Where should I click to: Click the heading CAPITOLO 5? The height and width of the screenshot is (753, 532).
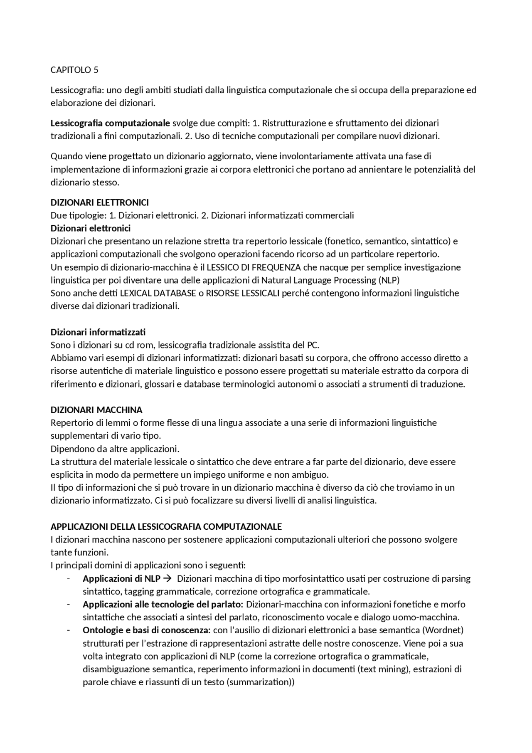point(74,70)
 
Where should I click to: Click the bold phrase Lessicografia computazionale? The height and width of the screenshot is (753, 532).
point(110,123)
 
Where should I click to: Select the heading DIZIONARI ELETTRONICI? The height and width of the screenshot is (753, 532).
point(99,202)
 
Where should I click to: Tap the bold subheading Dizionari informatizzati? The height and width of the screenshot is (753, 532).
point(98,332)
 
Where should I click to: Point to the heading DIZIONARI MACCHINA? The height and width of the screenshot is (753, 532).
point(96,410)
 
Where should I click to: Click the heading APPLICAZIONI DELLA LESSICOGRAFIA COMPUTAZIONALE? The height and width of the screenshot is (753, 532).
point(166,526)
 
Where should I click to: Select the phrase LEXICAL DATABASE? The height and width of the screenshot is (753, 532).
point(158,293)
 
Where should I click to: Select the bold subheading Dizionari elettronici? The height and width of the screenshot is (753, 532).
point(90,228)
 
